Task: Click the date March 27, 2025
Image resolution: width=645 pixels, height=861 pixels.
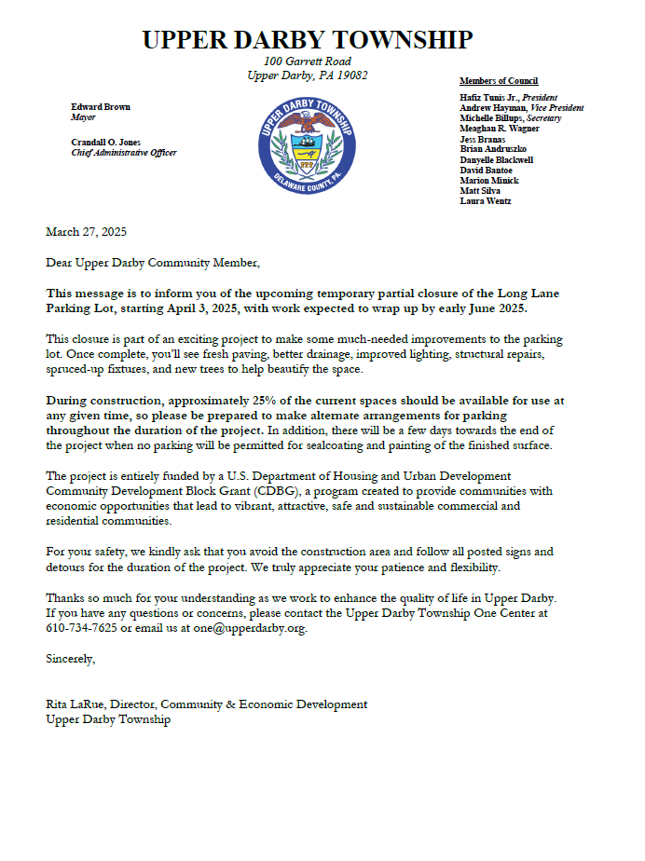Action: point(86,232)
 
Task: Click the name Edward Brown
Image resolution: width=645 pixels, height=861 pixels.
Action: point(101,107)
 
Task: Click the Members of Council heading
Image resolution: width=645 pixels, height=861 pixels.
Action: point(499,81)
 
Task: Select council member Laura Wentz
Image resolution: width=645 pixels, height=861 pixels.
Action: point(485,201)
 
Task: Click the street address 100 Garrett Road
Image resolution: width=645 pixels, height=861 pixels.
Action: point(307,61)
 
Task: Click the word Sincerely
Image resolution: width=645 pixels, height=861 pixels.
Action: point(71,658)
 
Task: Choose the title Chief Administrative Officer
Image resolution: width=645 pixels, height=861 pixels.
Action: point(124,153)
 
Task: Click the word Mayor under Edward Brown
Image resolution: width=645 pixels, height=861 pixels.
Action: point(84,118)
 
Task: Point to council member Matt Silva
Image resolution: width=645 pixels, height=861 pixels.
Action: point(481,191)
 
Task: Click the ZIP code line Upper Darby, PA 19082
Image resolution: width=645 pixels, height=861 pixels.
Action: point(307,75)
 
